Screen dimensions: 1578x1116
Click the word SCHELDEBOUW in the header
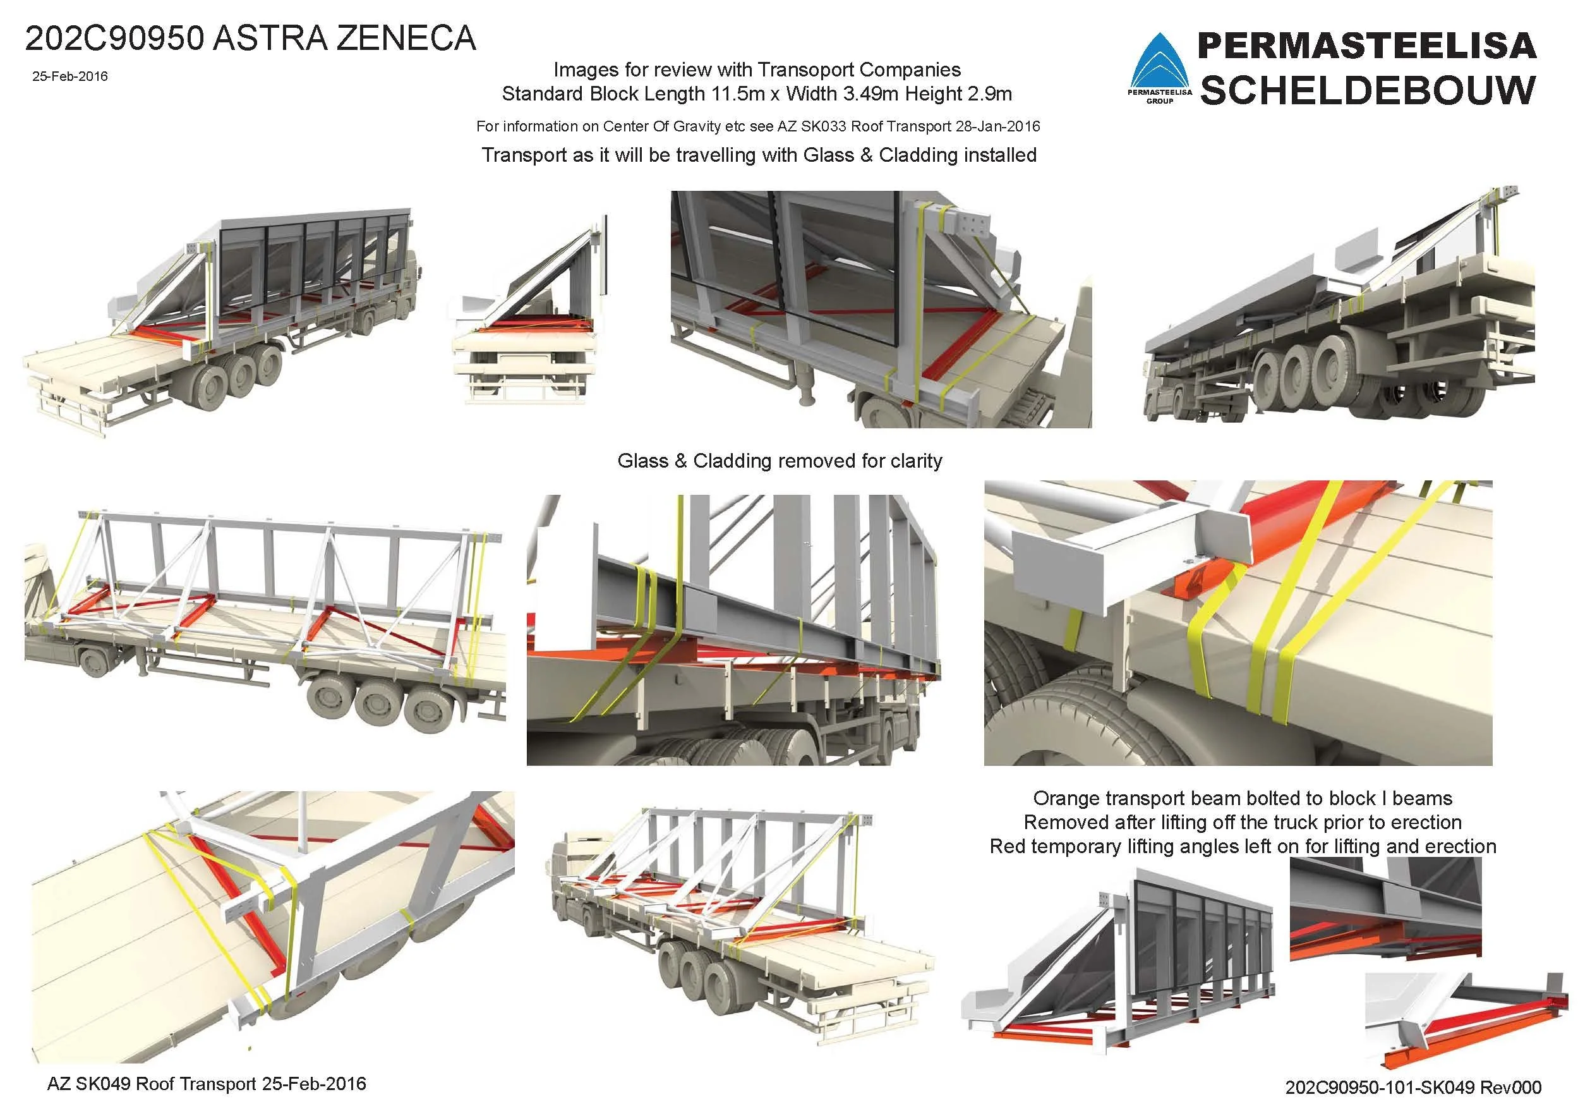(1368, 90)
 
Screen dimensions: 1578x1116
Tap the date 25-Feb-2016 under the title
(69, 76)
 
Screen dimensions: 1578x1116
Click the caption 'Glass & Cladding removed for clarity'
(780, 461)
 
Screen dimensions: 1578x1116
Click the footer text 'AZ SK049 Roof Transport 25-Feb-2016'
(206, 1084)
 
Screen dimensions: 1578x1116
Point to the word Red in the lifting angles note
(1007, 846)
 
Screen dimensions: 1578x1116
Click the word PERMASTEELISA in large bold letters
(1367, 45)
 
